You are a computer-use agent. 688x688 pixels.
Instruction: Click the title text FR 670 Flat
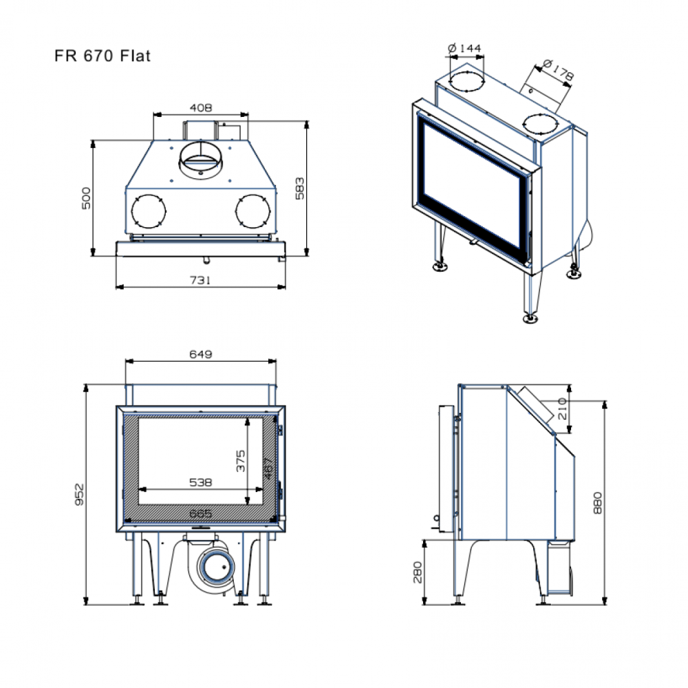[102, 56]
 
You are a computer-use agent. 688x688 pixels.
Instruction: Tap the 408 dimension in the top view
[200, 107]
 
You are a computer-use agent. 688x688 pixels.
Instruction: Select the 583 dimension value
[300, 189]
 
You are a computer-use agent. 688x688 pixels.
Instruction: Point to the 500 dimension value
[87, 198]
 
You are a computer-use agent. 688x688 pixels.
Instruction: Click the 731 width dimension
[200, 280]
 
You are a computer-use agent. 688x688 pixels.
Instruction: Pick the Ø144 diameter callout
[464, 48]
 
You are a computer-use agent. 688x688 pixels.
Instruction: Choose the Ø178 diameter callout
[557, 69]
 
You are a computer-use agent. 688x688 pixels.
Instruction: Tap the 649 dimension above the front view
[200, 354]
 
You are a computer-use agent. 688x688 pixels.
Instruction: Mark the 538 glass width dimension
[200, 482]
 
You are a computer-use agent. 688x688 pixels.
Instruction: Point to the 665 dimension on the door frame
[200, 514]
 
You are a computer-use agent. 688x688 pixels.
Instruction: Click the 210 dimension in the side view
[562, 411]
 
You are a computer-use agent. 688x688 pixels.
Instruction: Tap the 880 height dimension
[597, 503]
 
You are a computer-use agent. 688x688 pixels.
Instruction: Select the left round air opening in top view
[148, 211]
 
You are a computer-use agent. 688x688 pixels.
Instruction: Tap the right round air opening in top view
[251, 211]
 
